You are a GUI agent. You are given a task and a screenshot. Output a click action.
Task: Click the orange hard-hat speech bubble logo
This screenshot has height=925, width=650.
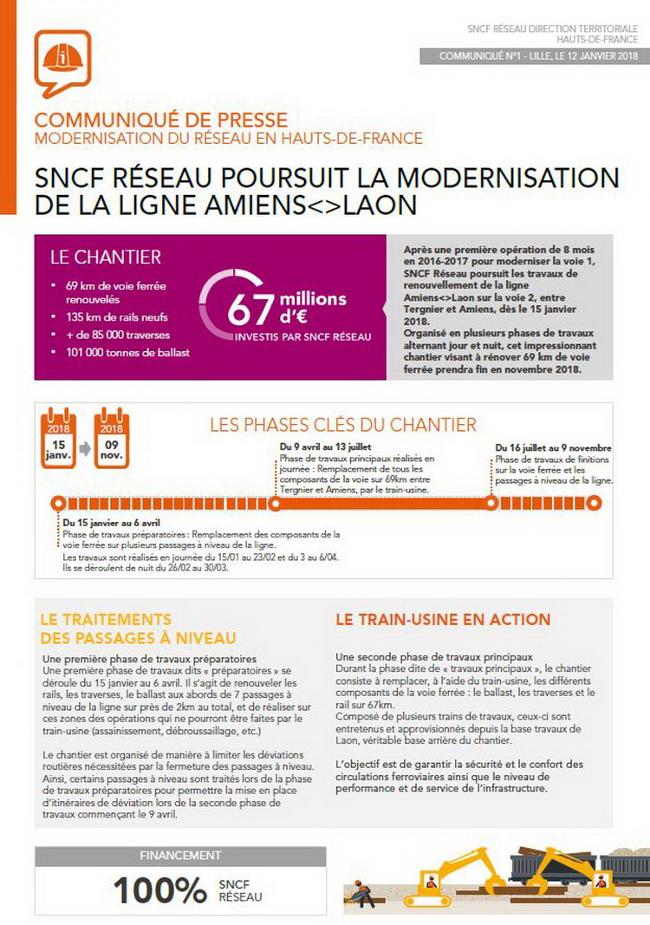click(x=62, y=63)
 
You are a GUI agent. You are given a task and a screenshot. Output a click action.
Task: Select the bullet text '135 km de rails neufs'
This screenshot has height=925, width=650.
click(x=117, y=316)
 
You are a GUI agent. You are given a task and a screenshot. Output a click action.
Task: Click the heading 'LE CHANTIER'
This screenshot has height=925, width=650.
click(x=106, y=257)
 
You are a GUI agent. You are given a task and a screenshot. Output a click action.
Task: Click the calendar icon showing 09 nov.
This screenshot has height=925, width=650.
click(x=112, y=439)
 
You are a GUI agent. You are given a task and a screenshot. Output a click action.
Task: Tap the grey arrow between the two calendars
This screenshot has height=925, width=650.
click(x=84, y=449)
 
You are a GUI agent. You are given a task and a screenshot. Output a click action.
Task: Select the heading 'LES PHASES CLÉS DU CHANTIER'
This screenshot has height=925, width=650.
click(x=343, y=425)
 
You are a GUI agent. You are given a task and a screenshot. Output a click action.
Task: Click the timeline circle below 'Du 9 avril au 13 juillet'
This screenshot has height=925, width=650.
click(x=276, y=503)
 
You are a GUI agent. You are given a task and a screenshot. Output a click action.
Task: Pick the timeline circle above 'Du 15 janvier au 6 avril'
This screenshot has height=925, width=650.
click(x=58, y=503)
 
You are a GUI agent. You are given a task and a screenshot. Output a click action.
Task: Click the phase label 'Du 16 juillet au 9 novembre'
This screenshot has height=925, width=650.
click(x=554, y=448)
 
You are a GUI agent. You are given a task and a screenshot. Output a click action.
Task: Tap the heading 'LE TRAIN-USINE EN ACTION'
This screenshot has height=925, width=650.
click(x=443, y=620)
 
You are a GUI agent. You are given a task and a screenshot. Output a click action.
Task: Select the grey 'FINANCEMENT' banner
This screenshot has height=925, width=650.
click(x=180, y=856)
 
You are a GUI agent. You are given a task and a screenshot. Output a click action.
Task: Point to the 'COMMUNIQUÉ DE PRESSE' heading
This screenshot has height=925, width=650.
click(x=160, y=121)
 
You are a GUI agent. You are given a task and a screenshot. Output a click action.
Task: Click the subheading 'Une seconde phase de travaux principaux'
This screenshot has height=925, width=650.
click(x=433, y=656)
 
